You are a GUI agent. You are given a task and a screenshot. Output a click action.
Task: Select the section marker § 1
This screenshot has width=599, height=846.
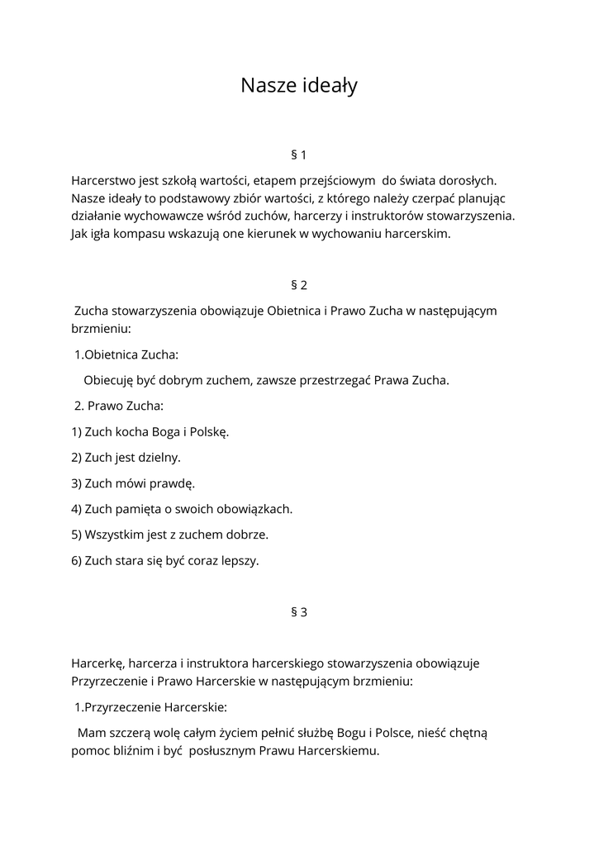point(299,154)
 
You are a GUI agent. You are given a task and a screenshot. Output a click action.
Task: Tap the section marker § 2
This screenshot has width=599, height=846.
point(299,285)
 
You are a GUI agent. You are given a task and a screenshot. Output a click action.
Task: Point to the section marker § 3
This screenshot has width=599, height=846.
point(299,612)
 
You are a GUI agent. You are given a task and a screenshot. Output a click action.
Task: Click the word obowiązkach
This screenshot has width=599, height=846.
point(254,508)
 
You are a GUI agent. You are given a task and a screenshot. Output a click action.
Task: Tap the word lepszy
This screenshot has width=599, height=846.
point(240,560)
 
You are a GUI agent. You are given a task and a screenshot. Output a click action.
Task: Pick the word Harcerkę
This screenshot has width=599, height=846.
point(97,663)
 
